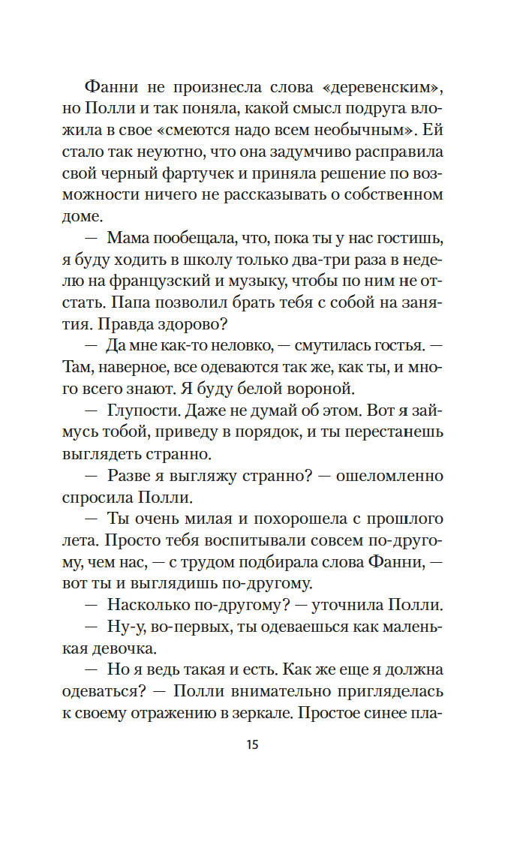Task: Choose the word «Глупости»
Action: [146, 410]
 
